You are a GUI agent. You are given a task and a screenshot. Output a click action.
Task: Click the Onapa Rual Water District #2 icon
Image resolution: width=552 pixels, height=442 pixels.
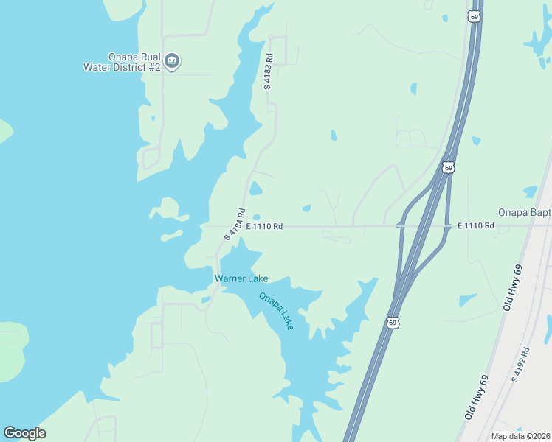point(172,60)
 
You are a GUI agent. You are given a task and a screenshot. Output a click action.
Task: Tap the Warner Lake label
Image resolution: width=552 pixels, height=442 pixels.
point(241,278)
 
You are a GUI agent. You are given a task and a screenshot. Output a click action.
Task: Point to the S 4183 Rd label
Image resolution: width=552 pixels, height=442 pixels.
point(269,71)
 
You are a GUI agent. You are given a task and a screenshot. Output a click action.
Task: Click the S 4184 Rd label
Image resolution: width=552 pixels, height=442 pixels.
point(235,224)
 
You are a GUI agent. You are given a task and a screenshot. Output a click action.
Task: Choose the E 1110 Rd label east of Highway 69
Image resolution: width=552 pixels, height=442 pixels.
point(475,225)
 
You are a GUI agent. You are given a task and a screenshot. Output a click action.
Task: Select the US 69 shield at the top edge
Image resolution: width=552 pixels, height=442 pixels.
point(475,16)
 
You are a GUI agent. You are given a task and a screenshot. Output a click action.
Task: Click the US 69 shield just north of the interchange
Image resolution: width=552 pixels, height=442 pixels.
point(448,168)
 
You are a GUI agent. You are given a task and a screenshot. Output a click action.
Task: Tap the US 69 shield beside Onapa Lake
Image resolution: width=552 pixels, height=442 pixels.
point(393,323)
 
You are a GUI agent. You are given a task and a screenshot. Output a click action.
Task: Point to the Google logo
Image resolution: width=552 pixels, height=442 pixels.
point(24,433)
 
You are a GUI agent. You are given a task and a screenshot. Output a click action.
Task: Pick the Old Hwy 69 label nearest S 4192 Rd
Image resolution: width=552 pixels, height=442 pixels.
point(477,398)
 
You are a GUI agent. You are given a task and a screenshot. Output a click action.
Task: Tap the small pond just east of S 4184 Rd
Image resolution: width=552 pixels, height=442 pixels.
point(255,189)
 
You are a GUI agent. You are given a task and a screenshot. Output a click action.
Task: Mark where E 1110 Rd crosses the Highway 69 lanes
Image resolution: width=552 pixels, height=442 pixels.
point(424,226)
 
